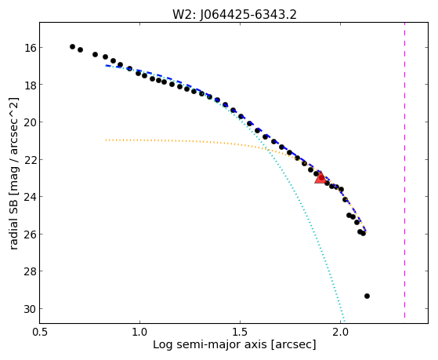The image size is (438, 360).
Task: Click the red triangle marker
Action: (x=320, y=177)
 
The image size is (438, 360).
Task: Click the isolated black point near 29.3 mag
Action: (x=367, y=296)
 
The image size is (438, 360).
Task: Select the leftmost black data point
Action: (x=72, y=46)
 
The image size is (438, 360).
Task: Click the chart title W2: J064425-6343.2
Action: (x=234, y=15)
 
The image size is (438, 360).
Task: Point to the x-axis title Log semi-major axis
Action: (x=234, y=344)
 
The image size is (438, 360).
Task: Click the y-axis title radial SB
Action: (x=13, y=173)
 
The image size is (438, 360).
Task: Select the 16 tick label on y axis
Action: (x=31, y=48)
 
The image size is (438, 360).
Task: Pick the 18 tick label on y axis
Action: (x=31, y=85)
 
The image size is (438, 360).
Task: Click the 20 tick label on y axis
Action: (x=31, y=122)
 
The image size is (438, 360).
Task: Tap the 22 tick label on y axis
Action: (x=31, y=160)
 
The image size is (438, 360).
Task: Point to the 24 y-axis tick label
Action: (x=31, y=197)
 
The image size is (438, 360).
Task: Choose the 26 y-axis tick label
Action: (x=31, y=235)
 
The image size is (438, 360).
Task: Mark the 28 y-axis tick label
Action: (x=31, y=271)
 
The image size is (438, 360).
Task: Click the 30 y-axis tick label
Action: (x=31, y=309)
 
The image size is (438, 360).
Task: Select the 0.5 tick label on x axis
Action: (x=40, y=332)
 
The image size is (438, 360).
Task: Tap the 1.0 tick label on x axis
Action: (x=139, y=332)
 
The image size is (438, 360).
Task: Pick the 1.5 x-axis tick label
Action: (x=240, y=332)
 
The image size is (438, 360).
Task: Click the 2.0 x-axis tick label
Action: (x=340, y=332)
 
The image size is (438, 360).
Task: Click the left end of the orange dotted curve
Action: (x=106, y=140)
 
